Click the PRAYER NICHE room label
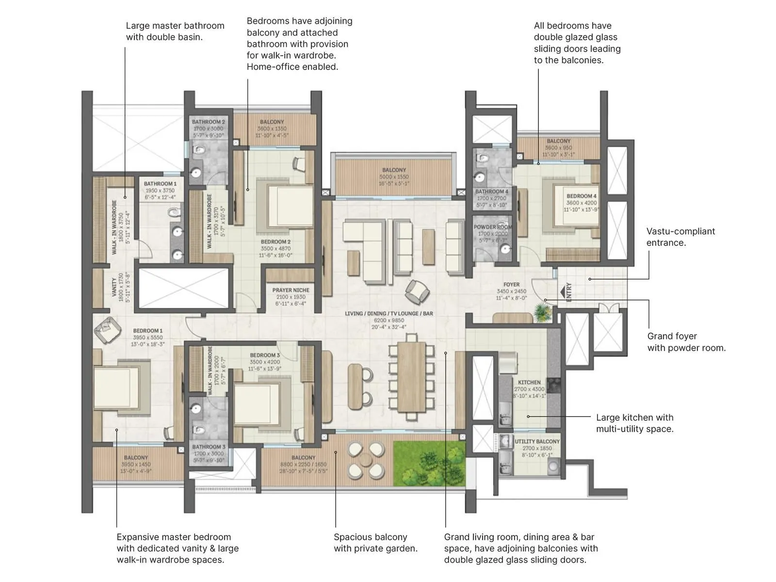click(291, 291)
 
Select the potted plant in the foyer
click(542, 313)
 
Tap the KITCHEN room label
click(529, 382)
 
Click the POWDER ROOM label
click(492, 227)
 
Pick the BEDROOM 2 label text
click(275, 242)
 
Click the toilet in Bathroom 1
click(173, 213)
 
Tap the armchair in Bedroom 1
click(108, 330)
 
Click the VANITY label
click(114, 288)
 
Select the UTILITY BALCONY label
click(537, 441)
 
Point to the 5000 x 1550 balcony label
click(394, 177)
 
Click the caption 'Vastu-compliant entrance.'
click(680, 237)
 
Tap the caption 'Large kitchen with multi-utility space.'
click(634, 423)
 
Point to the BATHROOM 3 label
click(209, 447)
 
